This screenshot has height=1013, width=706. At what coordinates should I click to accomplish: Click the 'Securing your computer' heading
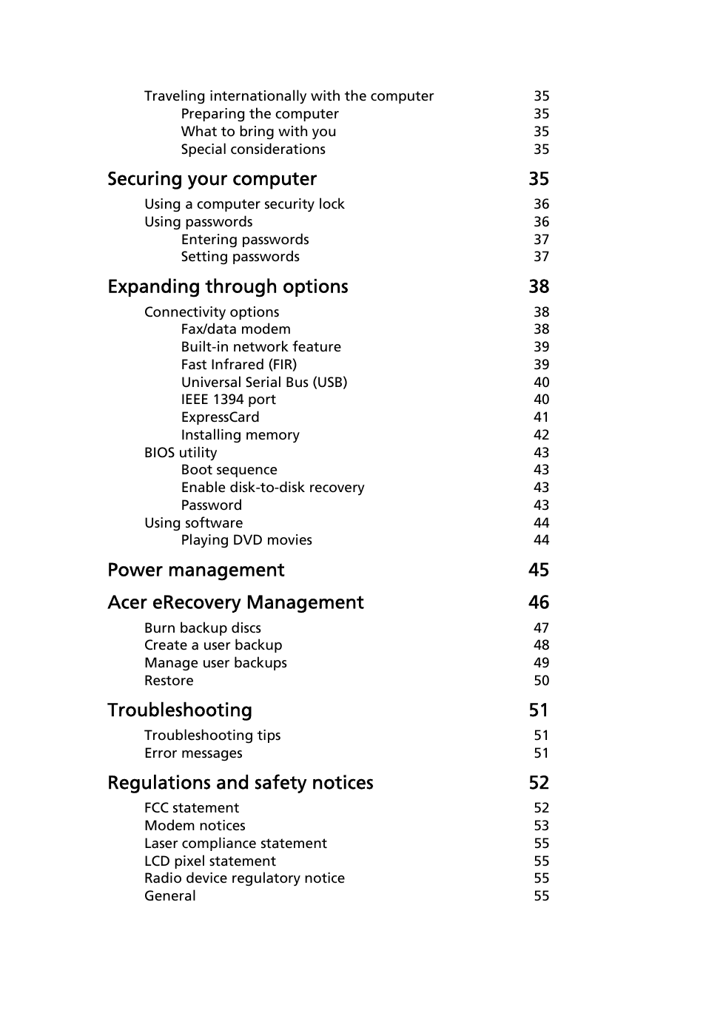pos(212,179)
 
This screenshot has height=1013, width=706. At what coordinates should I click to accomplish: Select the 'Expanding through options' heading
pos(227,287)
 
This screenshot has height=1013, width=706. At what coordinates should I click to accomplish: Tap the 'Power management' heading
pos(195,571)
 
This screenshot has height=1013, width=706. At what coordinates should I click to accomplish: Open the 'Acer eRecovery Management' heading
pos(235,603)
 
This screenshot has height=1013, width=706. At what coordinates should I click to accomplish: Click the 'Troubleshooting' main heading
pos(180,710)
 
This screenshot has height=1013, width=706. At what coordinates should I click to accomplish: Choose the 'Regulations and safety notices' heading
pos(240,783)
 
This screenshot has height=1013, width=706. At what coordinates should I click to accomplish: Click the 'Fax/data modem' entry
pos(235,329)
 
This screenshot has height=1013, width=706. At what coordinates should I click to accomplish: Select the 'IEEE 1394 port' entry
pos(228,400)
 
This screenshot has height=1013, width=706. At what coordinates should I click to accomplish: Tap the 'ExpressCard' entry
pos(220,417)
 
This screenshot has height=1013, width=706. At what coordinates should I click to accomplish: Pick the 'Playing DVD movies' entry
pos(246,540)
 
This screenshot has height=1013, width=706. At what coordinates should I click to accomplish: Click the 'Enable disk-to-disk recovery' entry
pos(272,488)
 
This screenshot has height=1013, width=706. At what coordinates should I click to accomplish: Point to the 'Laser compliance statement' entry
pos(235,844)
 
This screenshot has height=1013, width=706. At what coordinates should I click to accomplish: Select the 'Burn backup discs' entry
pos(202,628)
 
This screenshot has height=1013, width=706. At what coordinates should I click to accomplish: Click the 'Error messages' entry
pos(193,753)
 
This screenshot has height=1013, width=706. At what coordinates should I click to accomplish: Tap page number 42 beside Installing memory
pos(541,435)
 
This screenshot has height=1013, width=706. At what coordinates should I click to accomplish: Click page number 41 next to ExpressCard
pos(541,417)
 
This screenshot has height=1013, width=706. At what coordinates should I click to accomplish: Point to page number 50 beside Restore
pos(541,681)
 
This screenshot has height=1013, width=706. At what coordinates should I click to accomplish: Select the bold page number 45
pos(539,571)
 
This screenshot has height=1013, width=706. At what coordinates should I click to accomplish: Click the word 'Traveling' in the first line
pos(175,96)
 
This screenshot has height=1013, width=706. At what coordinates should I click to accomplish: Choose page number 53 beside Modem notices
pos(541,826)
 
